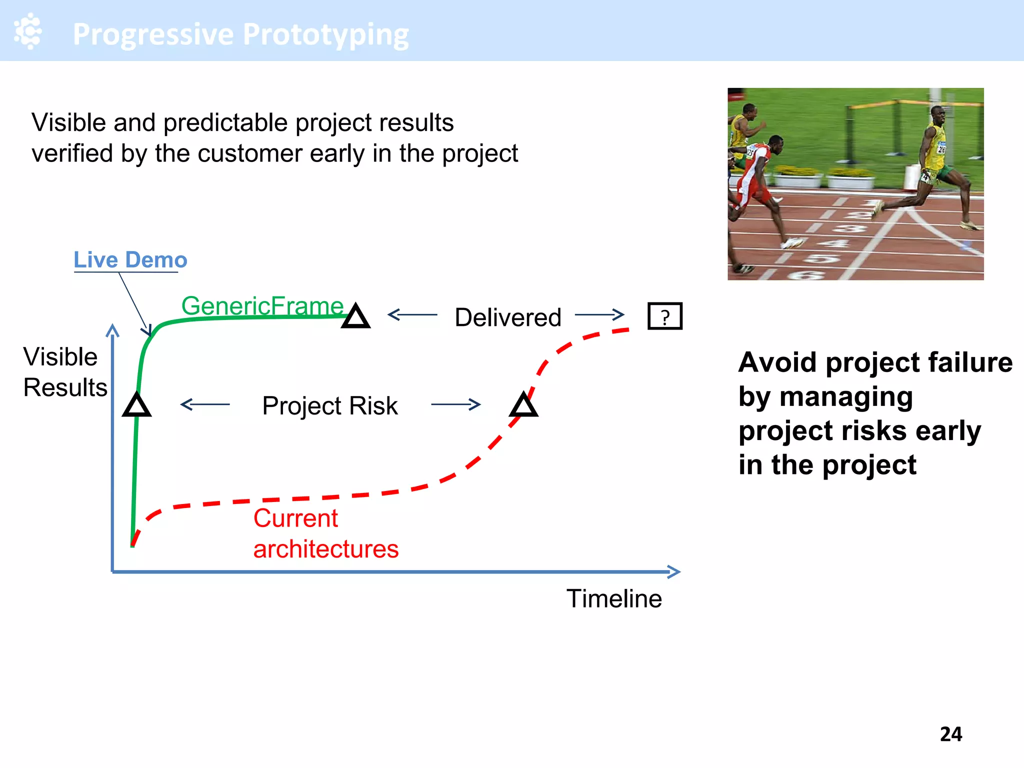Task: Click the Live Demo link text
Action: [130, 260]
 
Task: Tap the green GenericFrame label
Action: [262, 305]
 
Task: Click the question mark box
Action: [664, 316]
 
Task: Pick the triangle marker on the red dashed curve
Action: [523, 405]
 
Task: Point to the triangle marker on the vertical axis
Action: [136, 405]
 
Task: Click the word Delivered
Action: [508, 317]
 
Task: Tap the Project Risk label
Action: [330, 405]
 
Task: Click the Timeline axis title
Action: [614, 598]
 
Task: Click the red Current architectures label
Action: [325, 533]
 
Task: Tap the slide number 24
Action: [950, 734]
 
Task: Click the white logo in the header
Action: [28, 31]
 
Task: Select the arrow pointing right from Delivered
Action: [599, 314]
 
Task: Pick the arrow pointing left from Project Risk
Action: [205, 404]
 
